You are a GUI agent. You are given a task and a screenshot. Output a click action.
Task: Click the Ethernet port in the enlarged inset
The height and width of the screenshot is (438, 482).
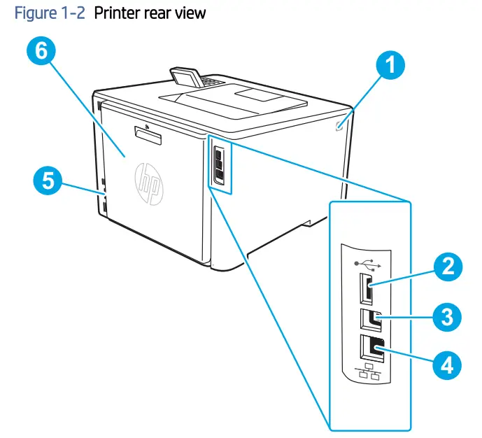coord(370,348)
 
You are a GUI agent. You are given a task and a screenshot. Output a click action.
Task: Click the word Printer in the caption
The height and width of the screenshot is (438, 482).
coord(123,13)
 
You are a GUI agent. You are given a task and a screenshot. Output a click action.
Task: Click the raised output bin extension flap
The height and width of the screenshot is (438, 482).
coord(186,75)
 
